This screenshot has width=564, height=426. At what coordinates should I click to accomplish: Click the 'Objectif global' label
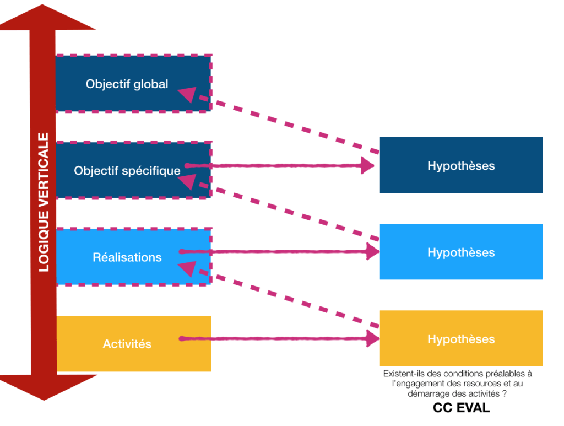[x=127, y=84]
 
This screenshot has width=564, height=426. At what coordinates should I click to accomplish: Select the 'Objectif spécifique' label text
[x=127, y=170]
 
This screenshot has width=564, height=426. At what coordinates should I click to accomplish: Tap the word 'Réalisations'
[x=127, y=257]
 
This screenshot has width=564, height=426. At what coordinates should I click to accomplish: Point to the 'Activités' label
[x=127, y=344]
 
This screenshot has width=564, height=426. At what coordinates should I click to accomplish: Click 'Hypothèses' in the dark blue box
[x=461, y=166]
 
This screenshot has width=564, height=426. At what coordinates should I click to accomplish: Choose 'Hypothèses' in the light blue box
[x=461, y=252]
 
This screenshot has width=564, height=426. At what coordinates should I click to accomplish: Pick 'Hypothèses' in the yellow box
[x=461, y=339]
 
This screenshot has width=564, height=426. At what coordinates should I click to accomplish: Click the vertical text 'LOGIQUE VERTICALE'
[x=44, y=202]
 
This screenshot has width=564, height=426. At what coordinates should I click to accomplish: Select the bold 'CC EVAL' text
[x=461, y=408]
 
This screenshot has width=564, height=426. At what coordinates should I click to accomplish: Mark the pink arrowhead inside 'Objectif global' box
[x=187, y=94]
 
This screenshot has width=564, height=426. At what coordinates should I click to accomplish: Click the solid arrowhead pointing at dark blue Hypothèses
[x=367, y=165]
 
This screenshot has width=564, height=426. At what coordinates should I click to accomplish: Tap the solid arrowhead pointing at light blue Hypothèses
[x=373, y=251]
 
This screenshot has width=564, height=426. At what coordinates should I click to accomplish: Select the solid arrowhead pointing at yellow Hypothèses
[x=373, y=338]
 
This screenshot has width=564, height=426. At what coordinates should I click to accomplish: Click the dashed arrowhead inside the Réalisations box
[x=187, y=268]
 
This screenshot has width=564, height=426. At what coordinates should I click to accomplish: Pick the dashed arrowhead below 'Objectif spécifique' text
[x=187, y=181]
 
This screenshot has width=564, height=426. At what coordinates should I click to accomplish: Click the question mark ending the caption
[x=505, y=394]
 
